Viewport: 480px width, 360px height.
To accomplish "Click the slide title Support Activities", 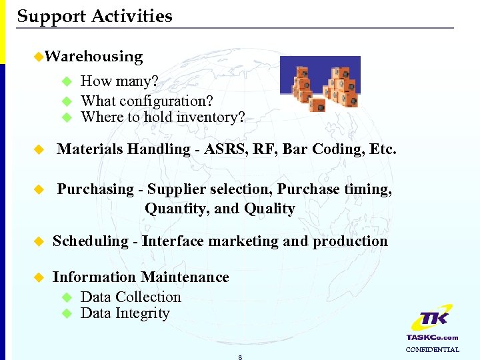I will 95,16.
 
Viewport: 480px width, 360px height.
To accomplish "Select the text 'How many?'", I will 119,81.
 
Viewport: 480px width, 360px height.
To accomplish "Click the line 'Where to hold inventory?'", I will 163,117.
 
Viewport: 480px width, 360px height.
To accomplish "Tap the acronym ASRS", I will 225,149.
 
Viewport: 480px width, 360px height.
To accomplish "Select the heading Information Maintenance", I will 141,277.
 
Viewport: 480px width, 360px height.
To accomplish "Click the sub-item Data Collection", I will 131,297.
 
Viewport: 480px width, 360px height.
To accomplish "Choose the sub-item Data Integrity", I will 125,313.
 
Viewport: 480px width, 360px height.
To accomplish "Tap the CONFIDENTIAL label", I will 432,349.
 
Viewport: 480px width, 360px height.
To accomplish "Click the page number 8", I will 239,357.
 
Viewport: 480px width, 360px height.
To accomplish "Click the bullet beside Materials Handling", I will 39,149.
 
